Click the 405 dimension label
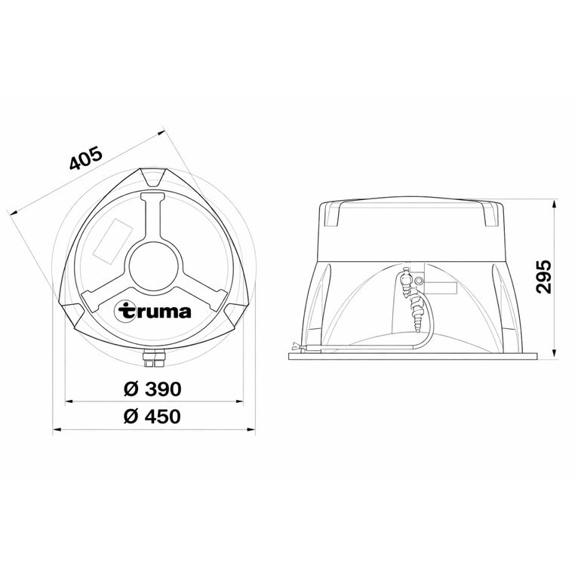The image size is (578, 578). click(85, 160)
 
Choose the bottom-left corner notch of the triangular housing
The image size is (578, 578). click(75, 310)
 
